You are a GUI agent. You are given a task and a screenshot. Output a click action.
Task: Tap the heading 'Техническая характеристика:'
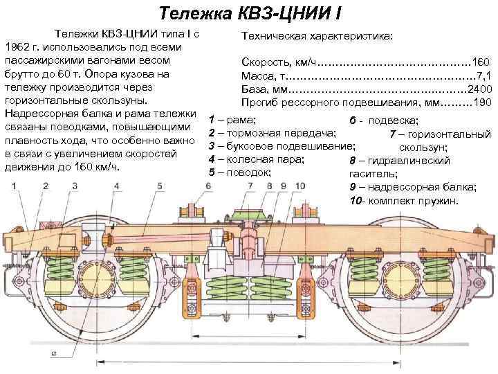tap(317, 35)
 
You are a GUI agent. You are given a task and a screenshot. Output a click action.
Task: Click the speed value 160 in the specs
tap(481, 63)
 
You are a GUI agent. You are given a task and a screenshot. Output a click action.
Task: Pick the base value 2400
tap(479, 89)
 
